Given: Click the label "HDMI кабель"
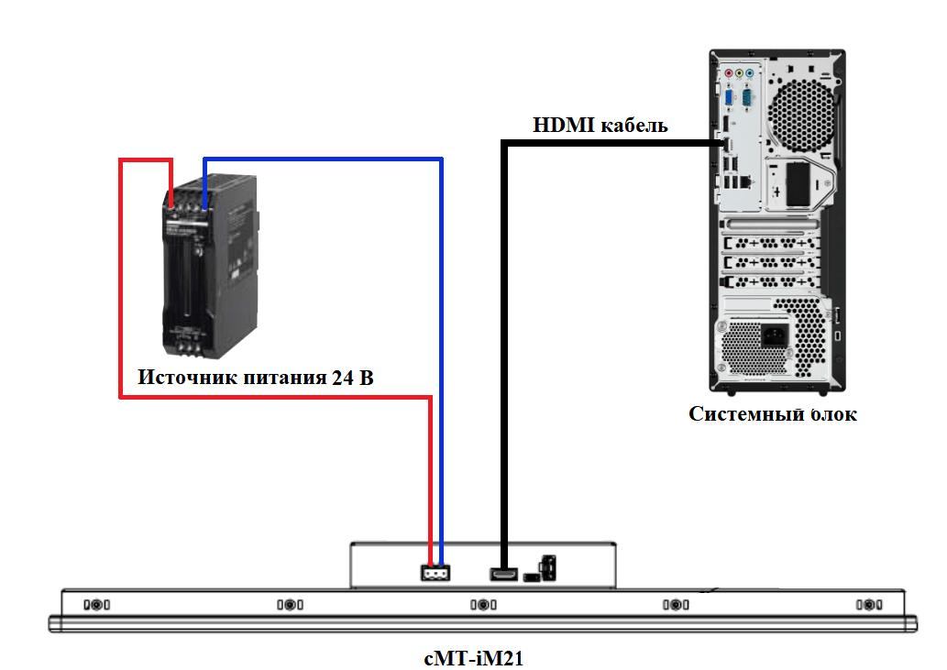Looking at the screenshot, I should (x=600, y=126).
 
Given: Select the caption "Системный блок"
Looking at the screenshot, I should (x=772, y=414).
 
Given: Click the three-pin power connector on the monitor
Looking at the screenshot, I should (x=435, y=573).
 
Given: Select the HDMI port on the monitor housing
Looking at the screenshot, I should (x=503, y=575).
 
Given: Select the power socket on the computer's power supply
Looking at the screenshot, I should (x=772, y=335).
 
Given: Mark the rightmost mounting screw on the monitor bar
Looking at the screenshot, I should (x=866, y=605).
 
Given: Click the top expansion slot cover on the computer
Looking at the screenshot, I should (x=770, y=225).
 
